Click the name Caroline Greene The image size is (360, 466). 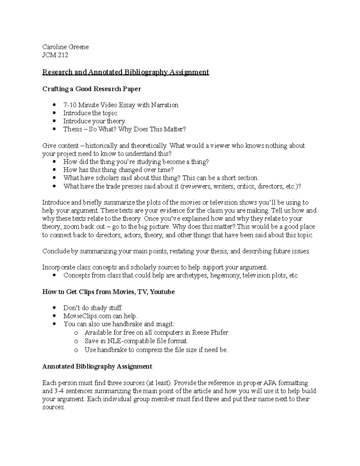point(65,47)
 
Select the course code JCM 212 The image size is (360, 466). point(55,55)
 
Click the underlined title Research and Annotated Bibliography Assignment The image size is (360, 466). point(125,72)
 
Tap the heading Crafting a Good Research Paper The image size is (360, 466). point(91,89)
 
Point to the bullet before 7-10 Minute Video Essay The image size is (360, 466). point(54,105)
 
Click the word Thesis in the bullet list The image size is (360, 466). point(73,129)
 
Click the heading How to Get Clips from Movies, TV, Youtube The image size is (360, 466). point(108,292)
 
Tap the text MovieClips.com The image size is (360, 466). point(87,316)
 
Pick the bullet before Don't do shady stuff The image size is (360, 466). point(54,308)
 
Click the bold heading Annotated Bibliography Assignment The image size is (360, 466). point(97,366)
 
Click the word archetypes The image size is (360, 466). point(192,275)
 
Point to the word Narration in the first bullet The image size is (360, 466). point(165,105)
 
